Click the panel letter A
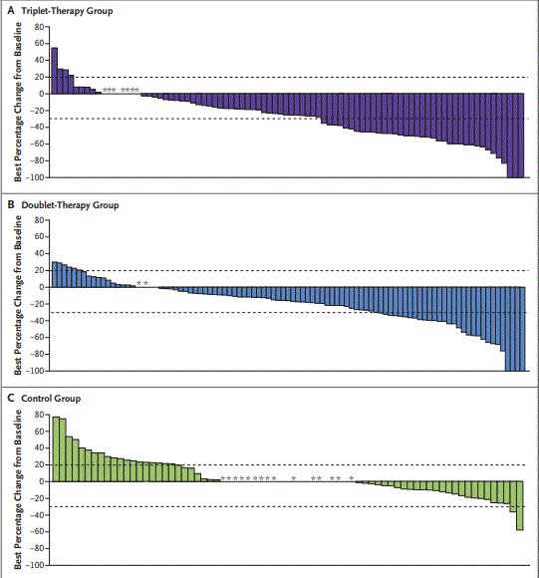11,11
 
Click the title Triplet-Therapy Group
68,11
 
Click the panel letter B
11,204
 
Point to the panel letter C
11,398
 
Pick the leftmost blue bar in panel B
55,275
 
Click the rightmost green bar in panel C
520,505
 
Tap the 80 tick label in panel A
39,28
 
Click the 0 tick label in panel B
42,288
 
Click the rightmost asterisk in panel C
352,478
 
